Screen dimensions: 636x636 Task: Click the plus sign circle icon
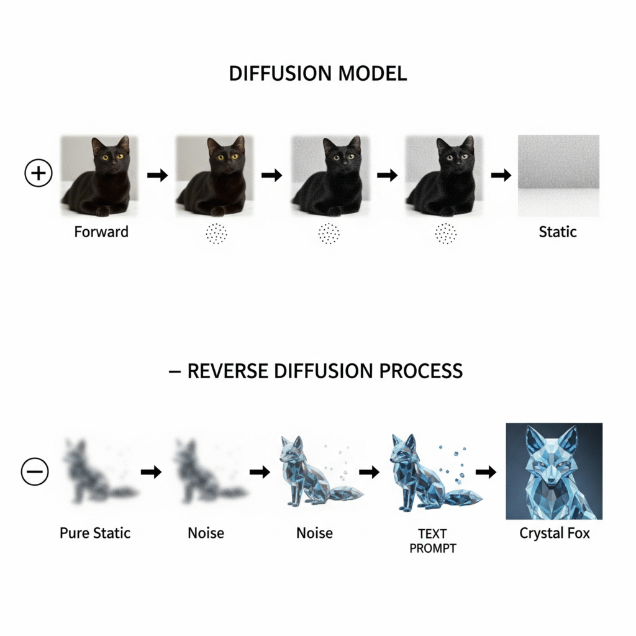click(39, 173)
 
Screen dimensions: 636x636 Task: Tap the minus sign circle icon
click(35, 472)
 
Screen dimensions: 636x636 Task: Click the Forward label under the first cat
click(101, 232)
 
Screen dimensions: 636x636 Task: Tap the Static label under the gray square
click(558, 232)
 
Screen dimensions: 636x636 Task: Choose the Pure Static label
click(95, 533)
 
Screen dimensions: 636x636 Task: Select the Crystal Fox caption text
click(554, 533)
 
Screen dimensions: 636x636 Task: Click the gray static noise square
click(558, 176)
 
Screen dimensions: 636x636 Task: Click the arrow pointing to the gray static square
click(497, 175)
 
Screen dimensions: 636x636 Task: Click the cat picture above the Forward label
click(99, 176)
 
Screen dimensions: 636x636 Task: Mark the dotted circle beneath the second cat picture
click(216, 234)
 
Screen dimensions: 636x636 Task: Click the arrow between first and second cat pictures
click(158, 175)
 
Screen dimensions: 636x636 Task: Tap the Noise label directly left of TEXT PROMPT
click(314, 533)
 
